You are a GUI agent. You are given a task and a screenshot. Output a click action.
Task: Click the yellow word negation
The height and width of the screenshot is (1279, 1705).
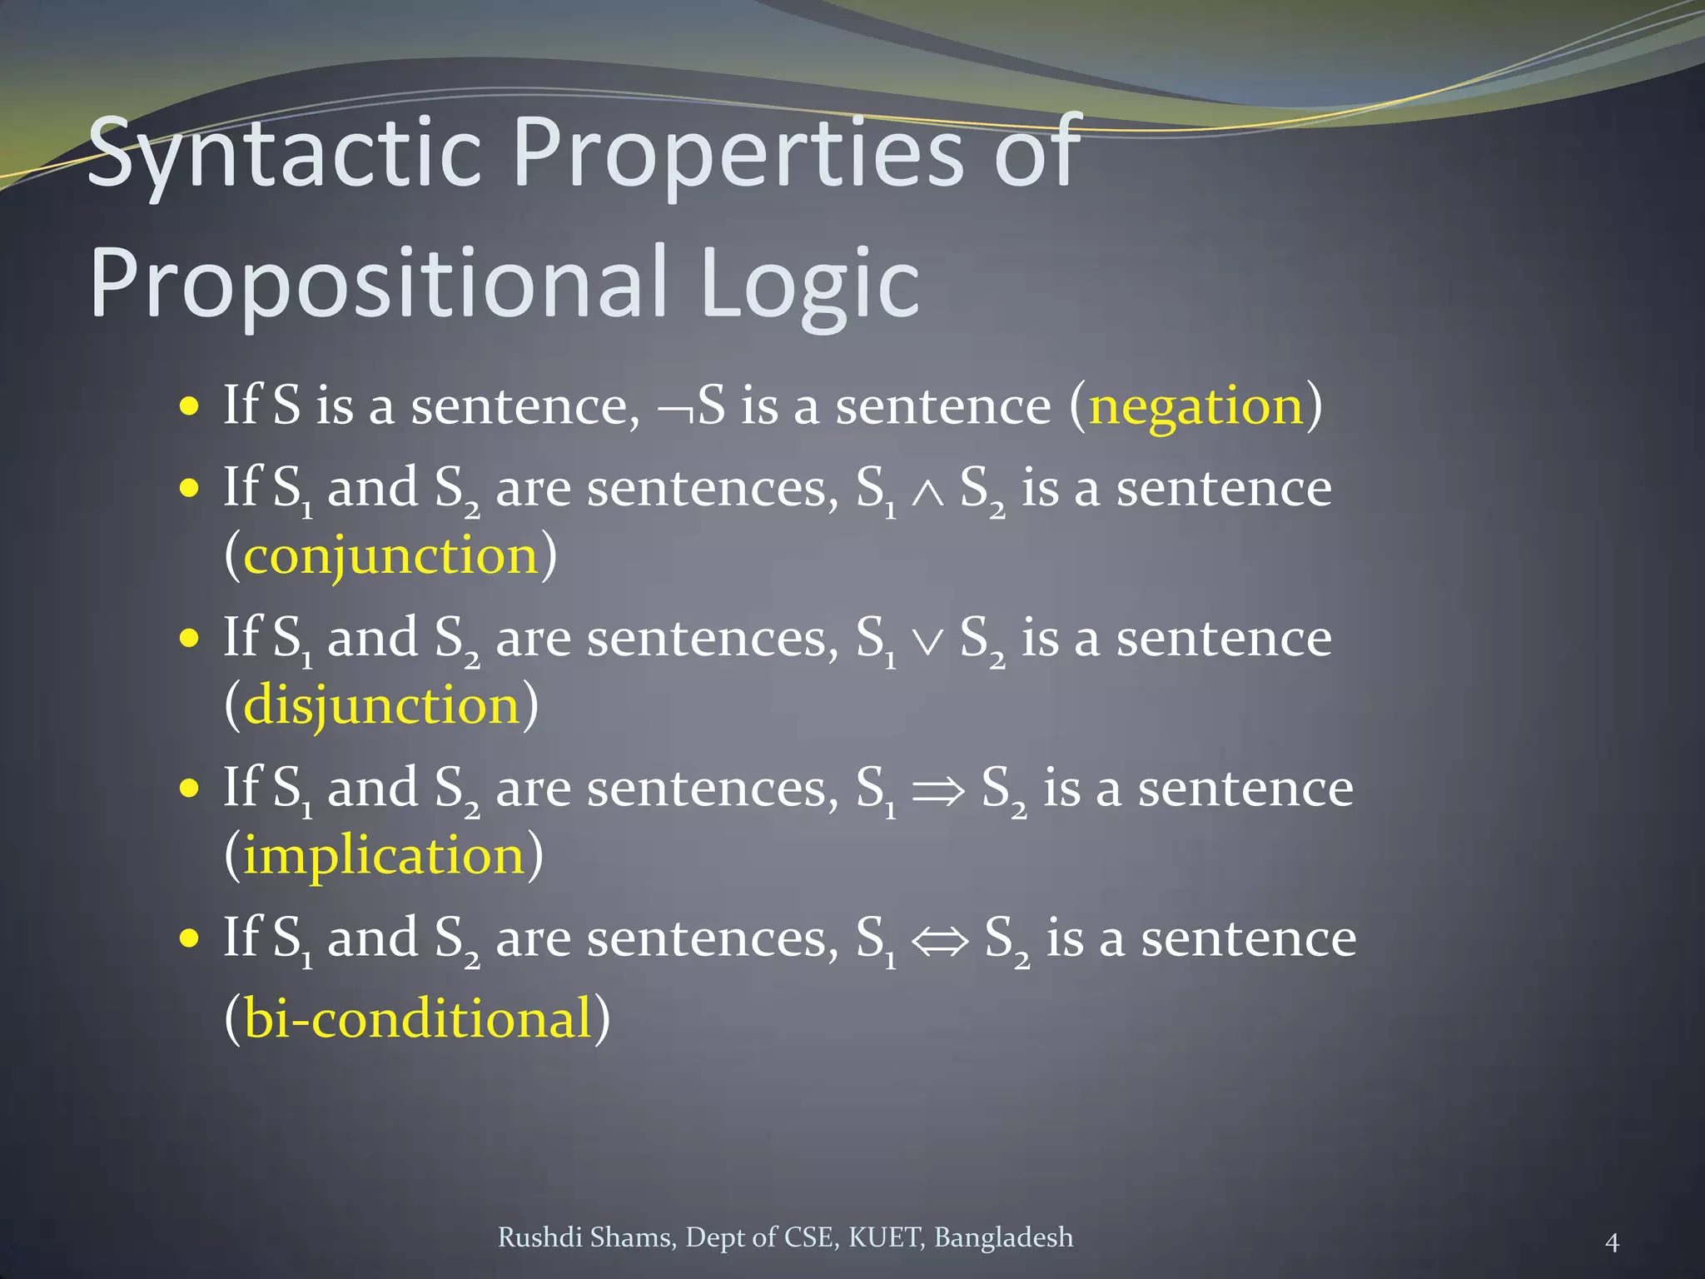click(1195, 407)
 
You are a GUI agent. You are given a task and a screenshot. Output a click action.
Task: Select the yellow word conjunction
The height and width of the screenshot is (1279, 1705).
click(390, 556)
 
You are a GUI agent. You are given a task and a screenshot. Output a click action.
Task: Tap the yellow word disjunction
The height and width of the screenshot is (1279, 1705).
click(381, 706)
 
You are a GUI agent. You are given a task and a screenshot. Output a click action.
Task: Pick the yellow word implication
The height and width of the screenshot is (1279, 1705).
click(384, 856)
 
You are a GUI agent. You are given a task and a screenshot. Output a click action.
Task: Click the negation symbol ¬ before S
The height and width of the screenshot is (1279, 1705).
click(675, 410)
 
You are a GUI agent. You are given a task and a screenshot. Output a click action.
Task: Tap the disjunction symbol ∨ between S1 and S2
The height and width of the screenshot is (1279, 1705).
click(927, 642)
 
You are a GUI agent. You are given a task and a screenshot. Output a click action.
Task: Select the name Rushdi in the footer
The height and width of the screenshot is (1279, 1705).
click(539, 1237)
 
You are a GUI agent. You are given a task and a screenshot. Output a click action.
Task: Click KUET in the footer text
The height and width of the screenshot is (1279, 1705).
click(886, 1237)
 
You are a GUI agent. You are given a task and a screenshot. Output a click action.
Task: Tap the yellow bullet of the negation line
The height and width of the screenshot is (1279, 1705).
click(190, 407)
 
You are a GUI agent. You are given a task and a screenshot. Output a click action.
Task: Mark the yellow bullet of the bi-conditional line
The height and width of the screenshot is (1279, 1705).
click(190, 939)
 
